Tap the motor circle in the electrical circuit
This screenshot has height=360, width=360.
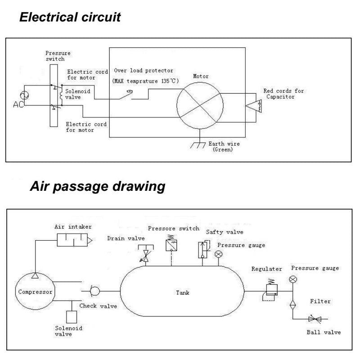199,103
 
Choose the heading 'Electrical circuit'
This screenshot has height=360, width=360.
70,18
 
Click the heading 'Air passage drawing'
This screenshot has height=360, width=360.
97,186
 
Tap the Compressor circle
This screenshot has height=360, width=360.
35,292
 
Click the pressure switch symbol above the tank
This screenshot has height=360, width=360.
171,244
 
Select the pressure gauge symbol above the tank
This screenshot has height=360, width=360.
219,255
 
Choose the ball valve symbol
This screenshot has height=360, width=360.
314,319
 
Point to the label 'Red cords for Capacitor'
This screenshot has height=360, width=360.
283,94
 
